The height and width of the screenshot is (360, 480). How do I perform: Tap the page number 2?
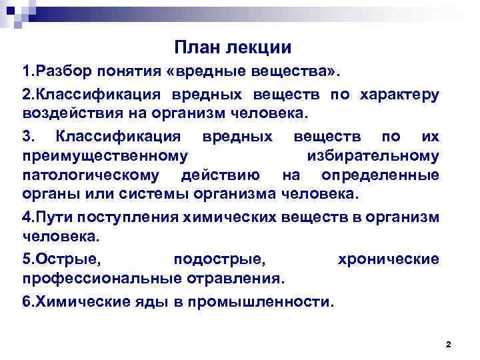click(x=448, y=344)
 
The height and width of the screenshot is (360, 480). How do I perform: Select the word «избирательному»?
click(x=373, y=156)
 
